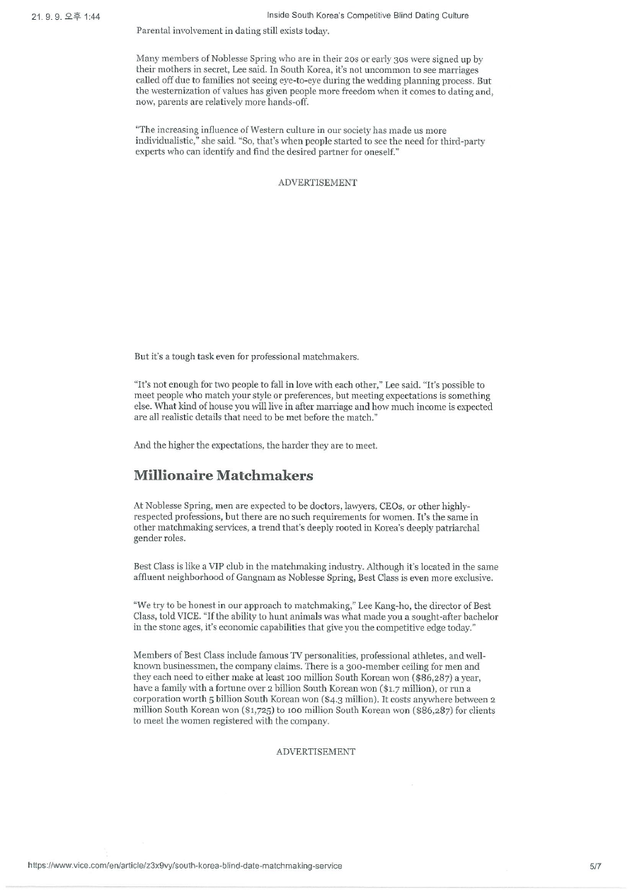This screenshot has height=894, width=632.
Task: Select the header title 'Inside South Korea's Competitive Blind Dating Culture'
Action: [367, 16]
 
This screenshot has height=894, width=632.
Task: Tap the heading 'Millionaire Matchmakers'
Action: [223, 475]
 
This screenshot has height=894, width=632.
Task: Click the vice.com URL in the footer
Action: [185, 866]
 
